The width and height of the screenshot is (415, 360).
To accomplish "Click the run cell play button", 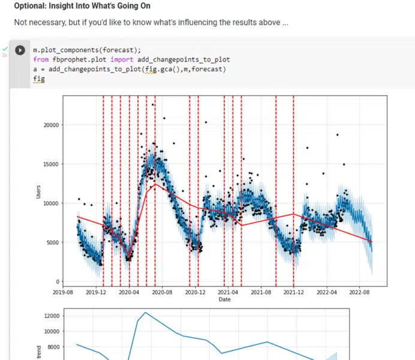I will click(x=20, y=51).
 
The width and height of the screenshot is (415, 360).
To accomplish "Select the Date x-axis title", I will click(x=224, y=299).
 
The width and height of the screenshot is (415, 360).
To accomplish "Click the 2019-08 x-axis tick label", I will click(x=63, y=292).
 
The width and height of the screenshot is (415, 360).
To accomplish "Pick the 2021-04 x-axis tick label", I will click(x=228, y=292).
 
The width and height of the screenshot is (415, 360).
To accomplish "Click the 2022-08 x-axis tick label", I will click(x=359, y=292).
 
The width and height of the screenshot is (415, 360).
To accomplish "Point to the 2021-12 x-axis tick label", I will click(x=293, y=292).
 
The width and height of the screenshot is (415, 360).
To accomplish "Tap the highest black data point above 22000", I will click(x=153, y=104).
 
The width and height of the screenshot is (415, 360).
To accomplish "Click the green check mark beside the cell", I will click(x=5, y=48).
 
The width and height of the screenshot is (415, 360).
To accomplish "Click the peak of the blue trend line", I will click(x=145, y=312).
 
